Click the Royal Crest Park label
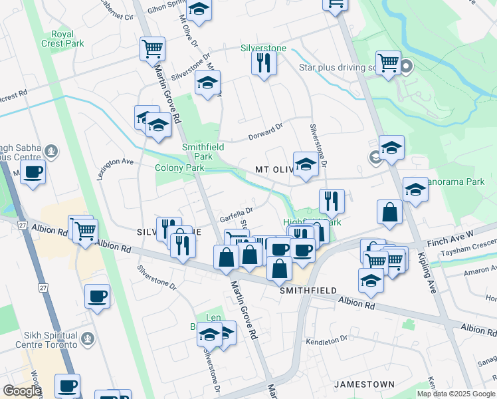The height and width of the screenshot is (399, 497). [x=66, y=39]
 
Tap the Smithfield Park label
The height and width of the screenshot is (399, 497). [x=203, y=151]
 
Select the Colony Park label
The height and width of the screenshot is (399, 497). [x=179, y=168]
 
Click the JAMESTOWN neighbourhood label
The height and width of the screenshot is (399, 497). [x=364, y=384]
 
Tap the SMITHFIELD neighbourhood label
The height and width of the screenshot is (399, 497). [x=308, y=291]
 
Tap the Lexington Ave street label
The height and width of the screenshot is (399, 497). [x=114, y=168]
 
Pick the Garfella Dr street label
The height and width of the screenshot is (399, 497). [x=237, y=215]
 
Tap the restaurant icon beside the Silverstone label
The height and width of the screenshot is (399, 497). [x=264, y=63]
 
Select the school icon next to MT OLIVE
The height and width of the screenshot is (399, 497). [x=305, y=164]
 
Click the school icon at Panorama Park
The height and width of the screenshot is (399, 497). [x=415, y=190]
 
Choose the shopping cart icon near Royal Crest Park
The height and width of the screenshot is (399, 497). [x=152, y=49]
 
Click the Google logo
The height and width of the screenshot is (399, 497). [x=22, y=391]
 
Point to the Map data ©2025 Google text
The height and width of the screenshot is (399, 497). [x=454, y=394]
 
